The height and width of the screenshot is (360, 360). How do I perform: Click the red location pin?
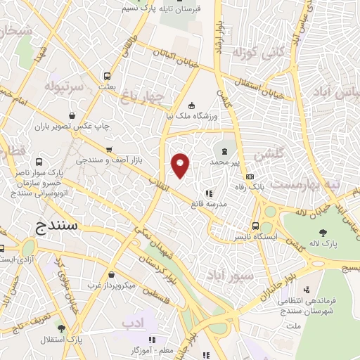pos(181,165)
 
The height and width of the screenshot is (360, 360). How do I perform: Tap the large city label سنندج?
pos(60,226)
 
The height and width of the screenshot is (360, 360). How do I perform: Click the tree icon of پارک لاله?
pos(323,233)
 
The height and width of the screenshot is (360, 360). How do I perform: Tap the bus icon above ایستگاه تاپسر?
pos(255,226)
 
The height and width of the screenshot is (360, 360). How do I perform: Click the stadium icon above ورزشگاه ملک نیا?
pos(193,105)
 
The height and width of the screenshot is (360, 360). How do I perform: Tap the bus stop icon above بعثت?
pos(107,76)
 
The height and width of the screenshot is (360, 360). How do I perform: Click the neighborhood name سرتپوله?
pos(64,86)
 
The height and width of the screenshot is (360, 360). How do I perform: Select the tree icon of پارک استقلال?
pos(61,328)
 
